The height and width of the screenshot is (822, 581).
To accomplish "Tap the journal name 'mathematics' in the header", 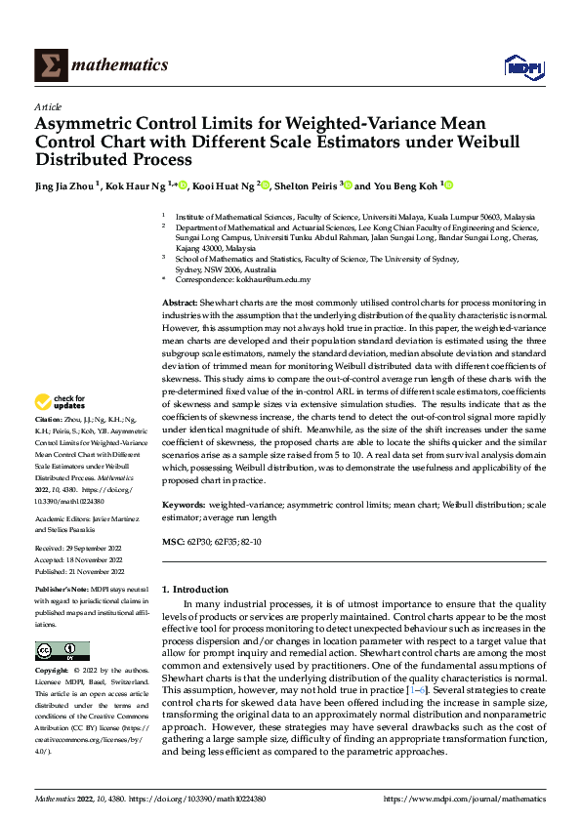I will pos(121,65).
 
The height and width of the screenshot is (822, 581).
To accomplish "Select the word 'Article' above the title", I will pos(48,106).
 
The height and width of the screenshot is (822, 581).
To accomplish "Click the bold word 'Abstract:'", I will pos(181,305).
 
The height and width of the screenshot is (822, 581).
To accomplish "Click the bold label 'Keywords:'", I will pos(184,505).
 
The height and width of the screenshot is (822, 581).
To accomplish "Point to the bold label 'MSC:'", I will pos(171,540).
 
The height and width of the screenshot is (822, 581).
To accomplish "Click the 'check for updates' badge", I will pos(61,401).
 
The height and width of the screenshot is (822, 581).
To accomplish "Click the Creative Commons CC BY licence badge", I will pos(62,650).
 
